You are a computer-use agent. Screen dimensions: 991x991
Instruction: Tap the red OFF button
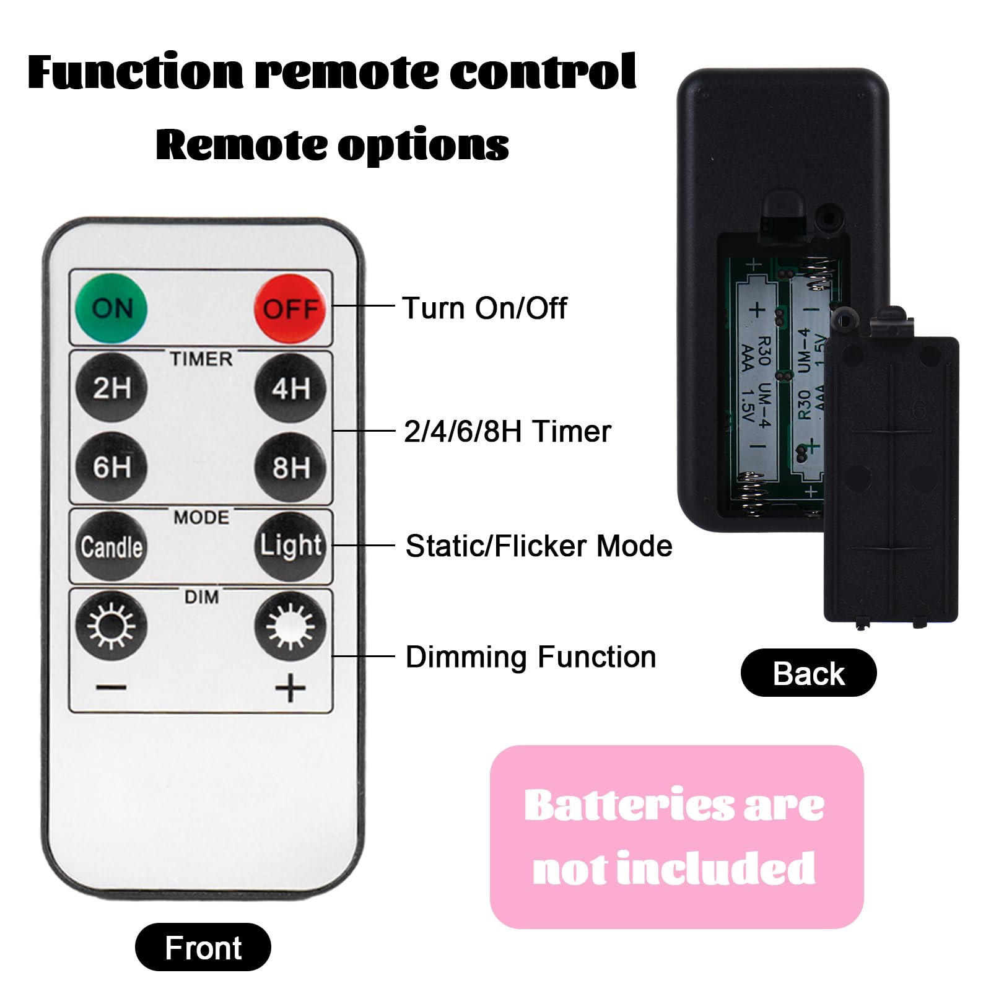coord(290,308)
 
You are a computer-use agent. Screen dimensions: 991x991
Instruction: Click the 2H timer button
coord(111,388)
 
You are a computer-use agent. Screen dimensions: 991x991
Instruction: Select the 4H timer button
coord(290,388)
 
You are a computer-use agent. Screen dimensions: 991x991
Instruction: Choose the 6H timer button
coord(111,467)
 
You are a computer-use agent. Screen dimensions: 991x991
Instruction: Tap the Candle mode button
coord(111,546)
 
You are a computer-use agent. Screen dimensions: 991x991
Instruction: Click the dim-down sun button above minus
coord(111,626)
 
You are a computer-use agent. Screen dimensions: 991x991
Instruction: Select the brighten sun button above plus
coord(290,626)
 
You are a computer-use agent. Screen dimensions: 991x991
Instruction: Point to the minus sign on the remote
coord(111,687)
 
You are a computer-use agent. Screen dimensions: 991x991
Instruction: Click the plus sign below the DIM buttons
coord(290,688)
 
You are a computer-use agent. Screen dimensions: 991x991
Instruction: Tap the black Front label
coord(203,947)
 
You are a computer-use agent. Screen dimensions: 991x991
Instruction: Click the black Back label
coord(808,673)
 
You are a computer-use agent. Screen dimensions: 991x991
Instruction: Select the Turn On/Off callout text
coord(484,308)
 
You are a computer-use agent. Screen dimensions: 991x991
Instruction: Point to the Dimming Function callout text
coord(531,657)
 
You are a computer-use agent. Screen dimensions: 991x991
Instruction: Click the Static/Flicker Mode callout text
coord(539,546)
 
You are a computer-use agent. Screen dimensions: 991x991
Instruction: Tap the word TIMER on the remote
coord(201,359)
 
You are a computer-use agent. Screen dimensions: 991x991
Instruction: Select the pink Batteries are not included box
coord(676,837)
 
